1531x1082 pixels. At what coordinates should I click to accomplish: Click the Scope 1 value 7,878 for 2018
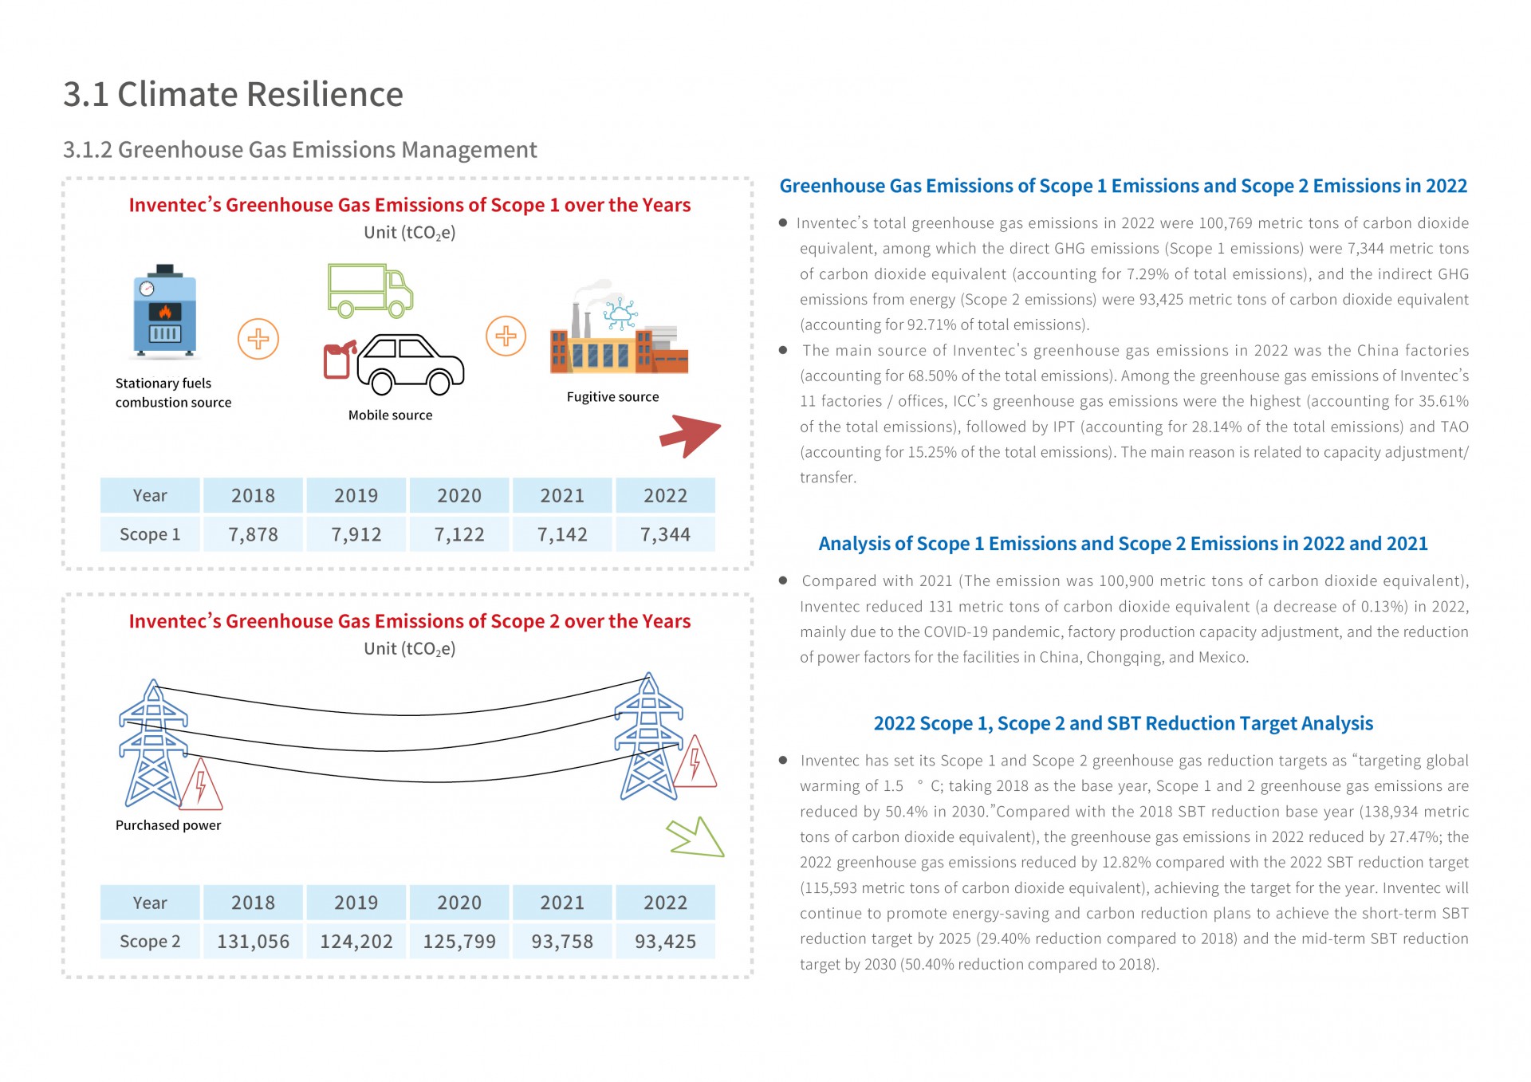coord(253,534)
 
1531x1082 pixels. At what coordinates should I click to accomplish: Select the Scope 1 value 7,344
coord(665,534)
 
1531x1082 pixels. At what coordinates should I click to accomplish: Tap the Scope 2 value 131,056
coord(253,942)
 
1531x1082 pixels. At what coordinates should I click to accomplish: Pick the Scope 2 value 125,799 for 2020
coord(459,942)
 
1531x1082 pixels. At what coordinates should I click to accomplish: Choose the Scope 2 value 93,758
coord(562,942)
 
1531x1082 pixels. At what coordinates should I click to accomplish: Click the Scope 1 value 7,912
coord(356,534)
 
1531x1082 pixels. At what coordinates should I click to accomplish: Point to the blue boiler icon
coord(164,311)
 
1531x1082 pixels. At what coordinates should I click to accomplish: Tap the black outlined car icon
coord(410,364)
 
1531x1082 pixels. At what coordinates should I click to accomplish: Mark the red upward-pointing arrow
coord(690,435)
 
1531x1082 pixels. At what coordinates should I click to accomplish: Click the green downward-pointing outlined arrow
coord(696,837)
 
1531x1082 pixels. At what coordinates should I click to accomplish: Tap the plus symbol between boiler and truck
coord(258,339)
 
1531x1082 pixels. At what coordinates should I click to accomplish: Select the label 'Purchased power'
coord(168,825)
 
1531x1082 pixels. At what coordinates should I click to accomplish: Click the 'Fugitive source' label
coord(612,397)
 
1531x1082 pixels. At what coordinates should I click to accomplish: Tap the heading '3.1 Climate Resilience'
coord(233,94)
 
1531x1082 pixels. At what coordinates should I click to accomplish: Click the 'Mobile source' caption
coord(390,415)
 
